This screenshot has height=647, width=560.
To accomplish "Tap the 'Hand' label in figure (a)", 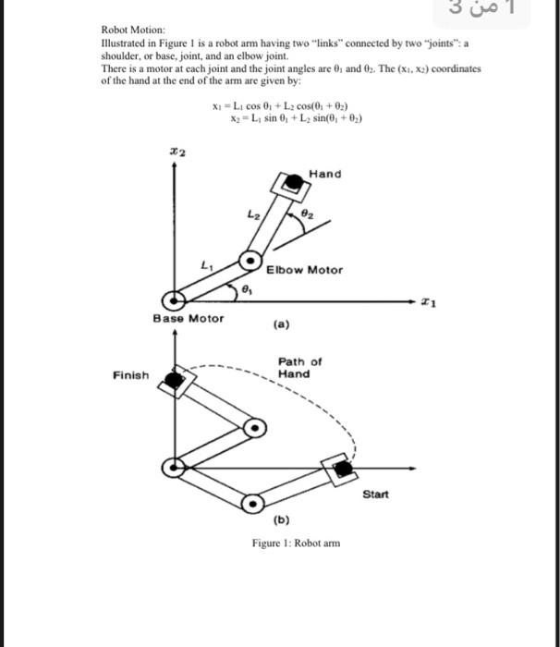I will [324, 174].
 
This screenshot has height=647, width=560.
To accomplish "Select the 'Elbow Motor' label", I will [304, 270].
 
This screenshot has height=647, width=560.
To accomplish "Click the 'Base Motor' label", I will [189, 318].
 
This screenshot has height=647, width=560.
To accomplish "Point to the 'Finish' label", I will [130, 375].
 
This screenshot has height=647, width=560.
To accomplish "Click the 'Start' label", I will [376, 494].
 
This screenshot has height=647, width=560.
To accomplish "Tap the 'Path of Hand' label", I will [299, 368].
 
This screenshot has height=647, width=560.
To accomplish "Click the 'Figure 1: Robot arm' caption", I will [296, 543].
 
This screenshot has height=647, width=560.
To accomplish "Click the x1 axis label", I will [426, 299].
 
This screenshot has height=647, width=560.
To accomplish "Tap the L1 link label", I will [204, 266].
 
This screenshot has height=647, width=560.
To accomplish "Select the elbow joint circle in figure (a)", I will [250, 261].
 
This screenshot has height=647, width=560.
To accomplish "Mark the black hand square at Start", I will [343, 469].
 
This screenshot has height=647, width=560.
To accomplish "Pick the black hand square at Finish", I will [171, 378].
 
